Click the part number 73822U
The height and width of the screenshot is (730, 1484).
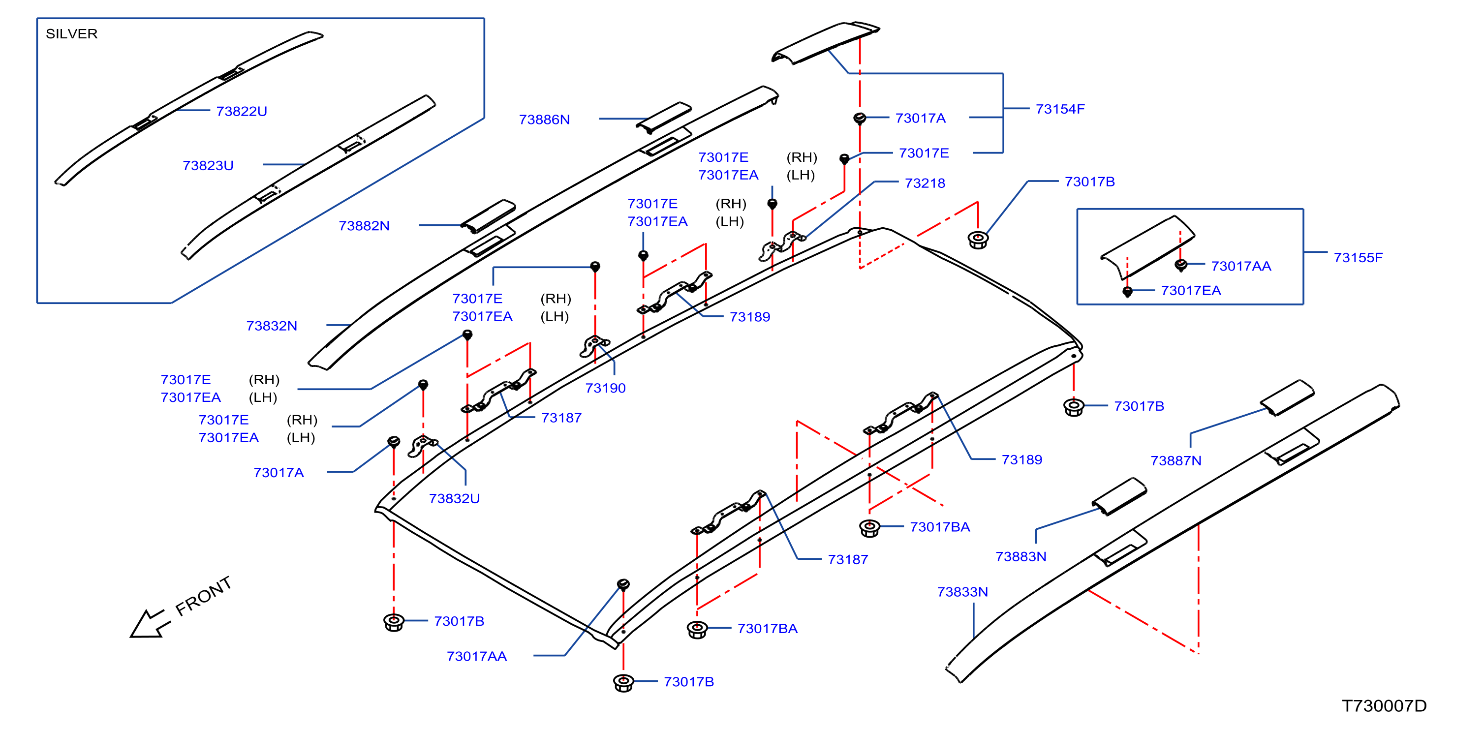[242, 111]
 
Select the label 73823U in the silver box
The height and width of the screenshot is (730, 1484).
[208, 166]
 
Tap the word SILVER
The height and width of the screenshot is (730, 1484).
[71, 34]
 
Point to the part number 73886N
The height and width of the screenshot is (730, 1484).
[544, 120]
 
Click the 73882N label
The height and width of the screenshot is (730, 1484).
[364, 226]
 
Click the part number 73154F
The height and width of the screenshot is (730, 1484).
[1060, 109]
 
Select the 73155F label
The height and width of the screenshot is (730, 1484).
[1358, 258]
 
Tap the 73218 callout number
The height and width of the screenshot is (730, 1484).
[925, 183]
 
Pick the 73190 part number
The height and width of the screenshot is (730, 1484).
[605, 388]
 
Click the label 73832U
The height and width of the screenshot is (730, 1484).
[454, 499]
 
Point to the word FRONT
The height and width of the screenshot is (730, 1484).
[203, 596]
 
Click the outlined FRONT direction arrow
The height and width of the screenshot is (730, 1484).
[149, 625]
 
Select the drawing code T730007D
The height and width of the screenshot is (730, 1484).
[1384, 706]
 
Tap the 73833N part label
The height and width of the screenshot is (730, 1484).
[962, 592]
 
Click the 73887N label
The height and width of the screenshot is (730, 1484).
[1176, 460]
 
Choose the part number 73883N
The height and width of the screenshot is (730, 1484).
[1021, 557]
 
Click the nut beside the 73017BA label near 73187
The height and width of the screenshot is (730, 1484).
[697, 629]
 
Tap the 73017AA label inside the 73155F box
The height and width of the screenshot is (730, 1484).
[1241, 266]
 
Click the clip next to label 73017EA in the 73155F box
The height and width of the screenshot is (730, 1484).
[1127, 292]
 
